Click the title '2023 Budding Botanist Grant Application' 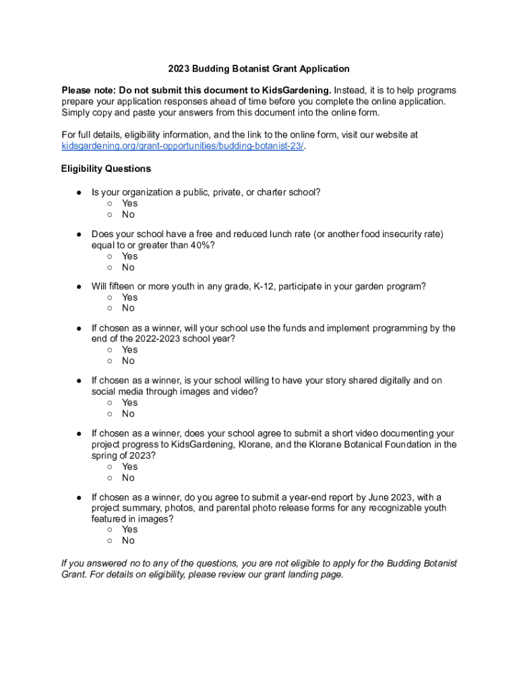pos(259,69)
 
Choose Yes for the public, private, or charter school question pos(109,203)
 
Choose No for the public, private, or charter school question pos(109,215)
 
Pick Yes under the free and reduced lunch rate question pos(109,257)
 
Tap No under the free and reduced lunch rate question pos(109,268)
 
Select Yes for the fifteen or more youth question pos(109,298)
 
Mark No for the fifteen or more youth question pos(109,309)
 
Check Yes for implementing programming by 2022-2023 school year pos(109,350)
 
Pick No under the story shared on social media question pos(109,414)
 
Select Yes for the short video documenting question pos(109,467)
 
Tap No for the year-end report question pos(109,541)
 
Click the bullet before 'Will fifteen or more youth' pos(79,286)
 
